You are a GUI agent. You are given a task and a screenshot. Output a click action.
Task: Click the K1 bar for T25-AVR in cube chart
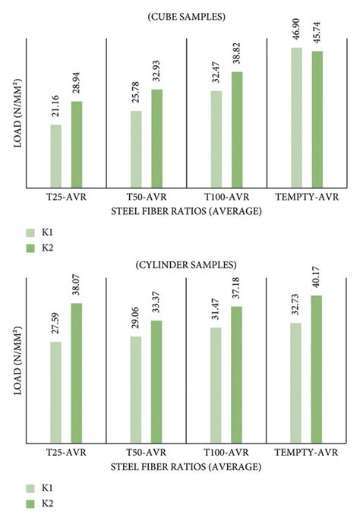[x=56, y=156]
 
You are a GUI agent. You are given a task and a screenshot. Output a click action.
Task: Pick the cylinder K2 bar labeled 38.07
[x=77, y=372]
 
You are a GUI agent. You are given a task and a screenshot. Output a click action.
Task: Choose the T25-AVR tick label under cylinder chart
[x=66, y=453]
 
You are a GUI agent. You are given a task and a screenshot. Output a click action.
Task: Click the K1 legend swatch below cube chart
[x=31, y=232]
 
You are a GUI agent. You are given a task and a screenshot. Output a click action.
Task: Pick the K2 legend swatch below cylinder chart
[x=31, y=504]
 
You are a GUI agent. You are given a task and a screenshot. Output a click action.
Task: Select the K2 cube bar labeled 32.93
[x=156, y=138]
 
